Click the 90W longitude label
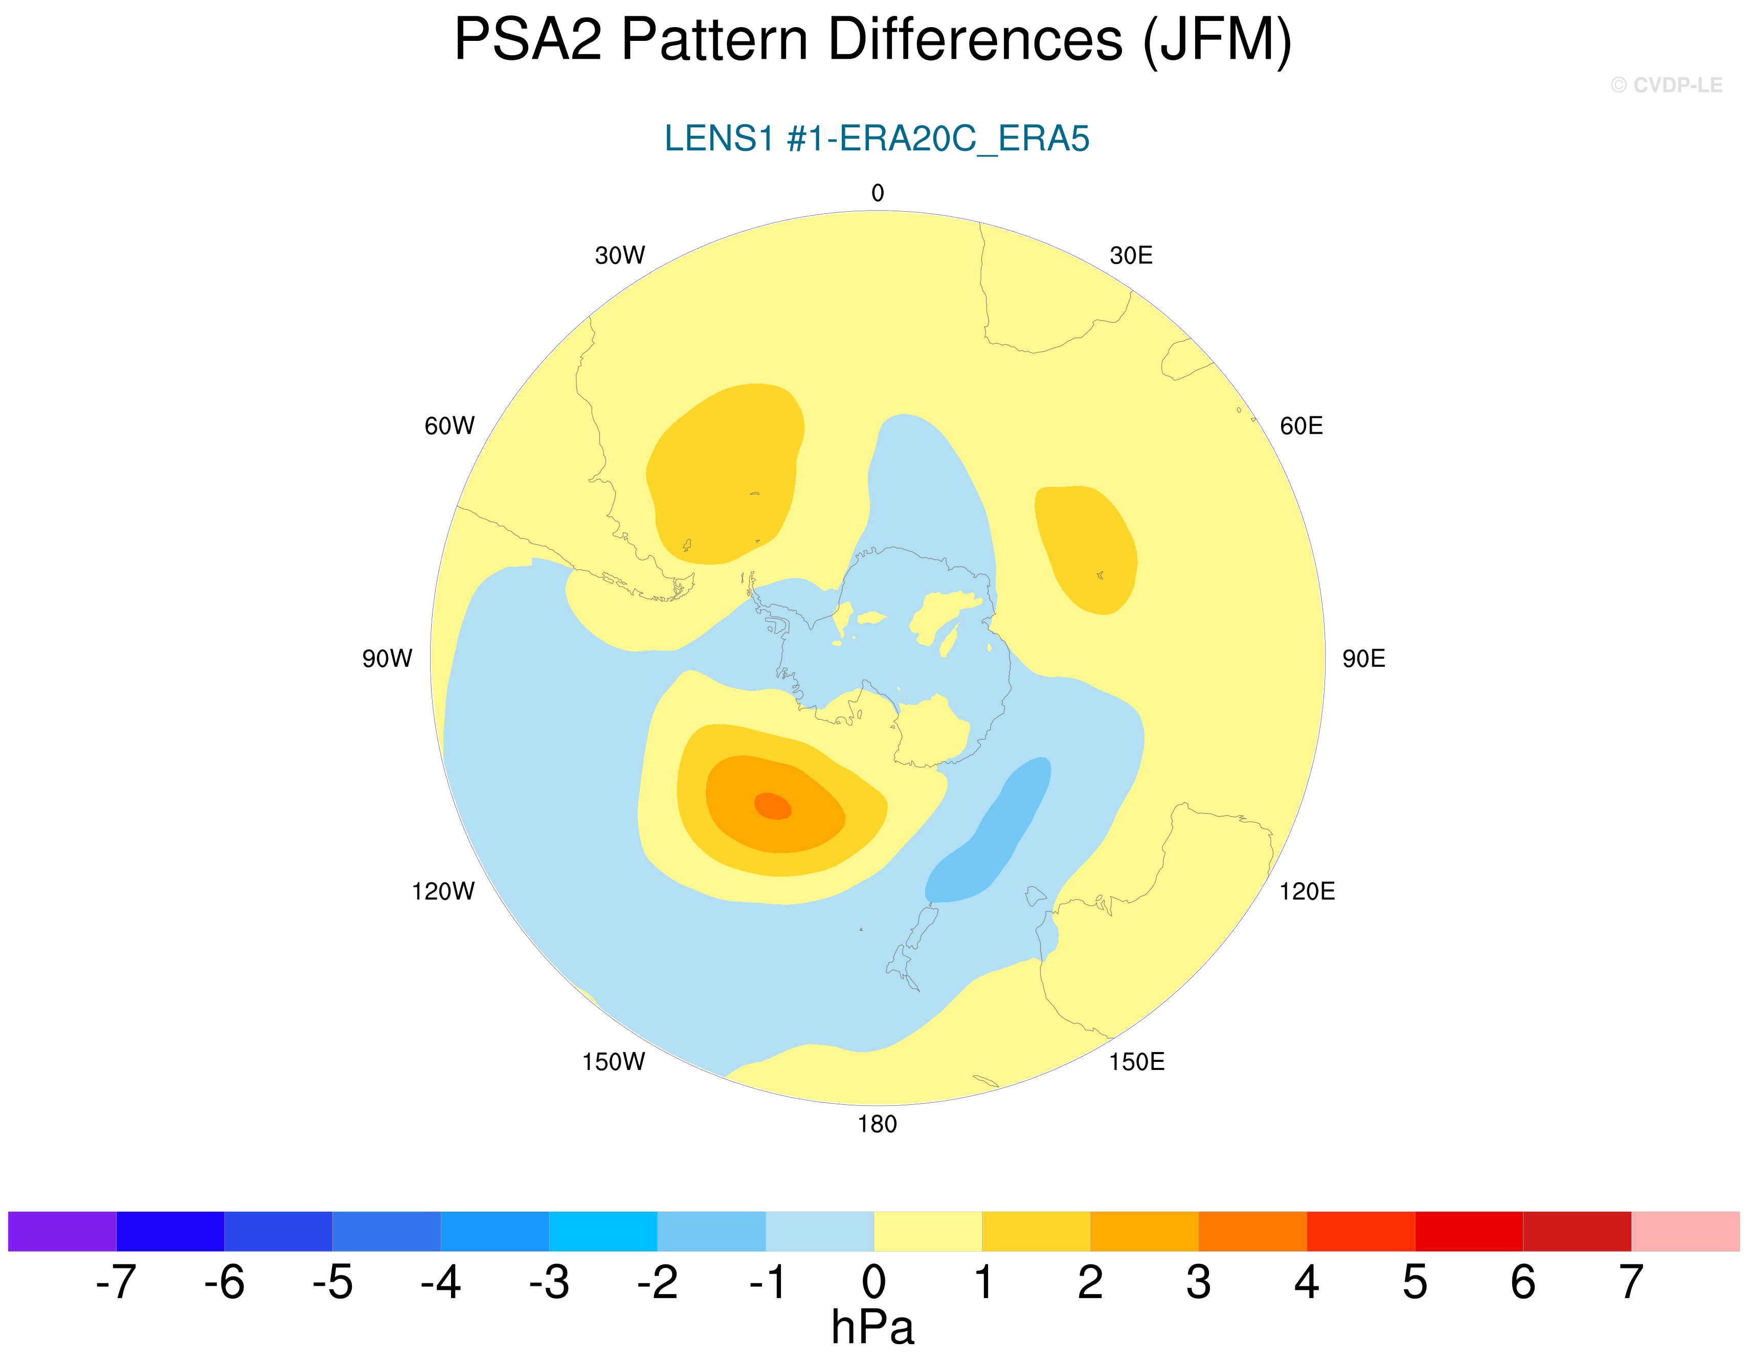coord(387,659)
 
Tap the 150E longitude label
coord(1136,1062)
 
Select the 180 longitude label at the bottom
coord(877,1125)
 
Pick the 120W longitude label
coord(442,891)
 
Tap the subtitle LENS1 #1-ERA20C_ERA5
coord(877,139)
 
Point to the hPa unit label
coord(872,1328)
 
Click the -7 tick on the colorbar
coord(116,1282)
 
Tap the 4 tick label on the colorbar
coord(1306,1282)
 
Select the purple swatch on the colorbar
coord(62,1231)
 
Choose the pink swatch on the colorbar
coord(1685,1231)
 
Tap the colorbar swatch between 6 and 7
coord(1577,1231)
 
